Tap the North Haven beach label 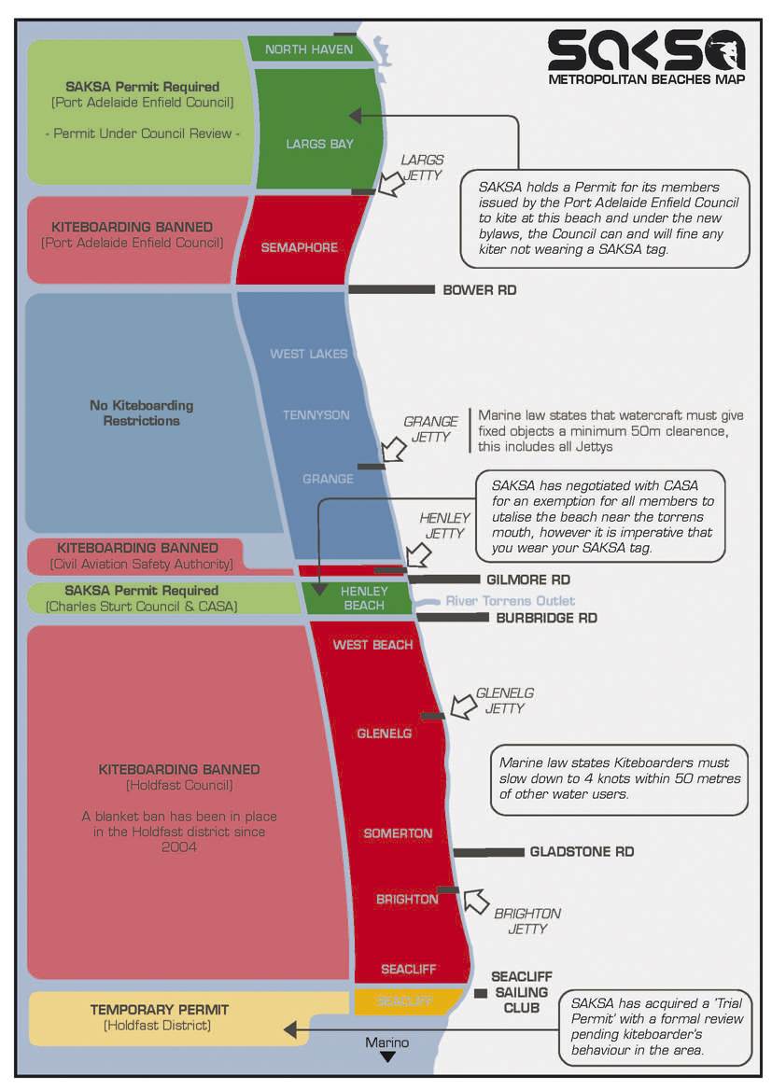[x=309, y=49]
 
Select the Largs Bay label [x=319, y=145]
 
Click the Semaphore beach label [x=299, y=248]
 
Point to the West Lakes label [x=308, y=355]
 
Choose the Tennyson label [x=316, y=415]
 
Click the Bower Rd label [x=479, y=290]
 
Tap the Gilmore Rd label [x=527, y=580]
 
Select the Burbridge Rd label [x=546, y=618]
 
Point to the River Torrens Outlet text [x=510, y=601]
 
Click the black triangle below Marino [x=387, y=1057]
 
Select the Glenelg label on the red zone [x=384, y=734]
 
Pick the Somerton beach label [x=398, y=833]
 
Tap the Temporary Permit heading [x=159, y=1010]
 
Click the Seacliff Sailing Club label [x=521, y=993]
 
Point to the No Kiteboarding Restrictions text [x=142, y=413]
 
